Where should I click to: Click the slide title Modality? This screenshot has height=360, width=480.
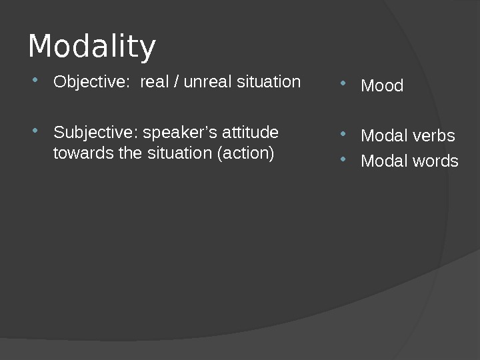pos(92,47)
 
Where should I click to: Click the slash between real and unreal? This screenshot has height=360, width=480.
pos(176,82)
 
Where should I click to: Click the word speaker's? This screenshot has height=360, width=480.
pos(176,132)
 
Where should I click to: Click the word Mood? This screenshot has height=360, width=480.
pos(382,86)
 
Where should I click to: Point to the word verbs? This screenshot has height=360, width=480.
pos(433,136)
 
